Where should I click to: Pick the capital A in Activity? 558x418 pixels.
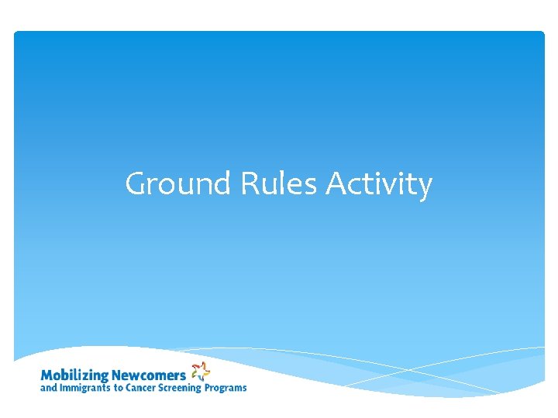336,185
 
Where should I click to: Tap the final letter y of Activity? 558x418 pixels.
424,188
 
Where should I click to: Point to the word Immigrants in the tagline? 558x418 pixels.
85,388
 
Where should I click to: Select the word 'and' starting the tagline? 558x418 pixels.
48,388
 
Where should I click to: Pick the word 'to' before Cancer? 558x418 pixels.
120,388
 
